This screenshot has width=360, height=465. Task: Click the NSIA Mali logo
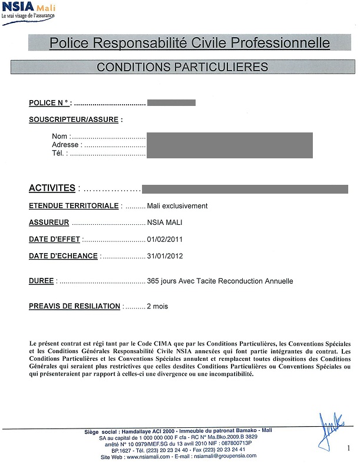tap(29, 11)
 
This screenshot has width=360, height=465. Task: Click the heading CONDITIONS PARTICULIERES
tap(182, 67)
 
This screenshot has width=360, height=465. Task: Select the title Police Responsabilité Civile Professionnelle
tap(190, 43)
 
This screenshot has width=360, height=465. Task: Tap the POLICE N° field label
tap(50, 103)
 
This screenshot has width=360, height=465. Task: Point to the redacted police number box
tap(171, 103)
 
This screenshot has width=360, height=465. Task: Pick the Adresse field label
tap(65, 145)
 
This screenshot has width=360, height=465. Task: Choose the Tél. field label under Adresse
tap(60, 153)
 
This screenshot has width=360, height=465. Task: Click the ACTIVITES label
tap(52, 188)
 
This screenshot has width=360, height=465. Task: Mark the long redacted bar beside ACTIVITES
tap(245, 189)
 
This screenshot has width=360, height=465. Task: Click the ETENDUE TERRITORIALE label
tap(74, 206)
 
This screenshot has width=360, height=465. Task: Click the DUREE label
tap(42, 281)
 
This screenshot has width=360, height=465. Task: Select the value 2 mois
tap(157, 306)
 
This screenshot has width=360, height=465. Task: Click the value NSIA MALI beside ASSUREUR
tap(165, 223)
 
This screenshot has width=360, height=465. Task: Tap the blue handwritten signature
tap(330, 427)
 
